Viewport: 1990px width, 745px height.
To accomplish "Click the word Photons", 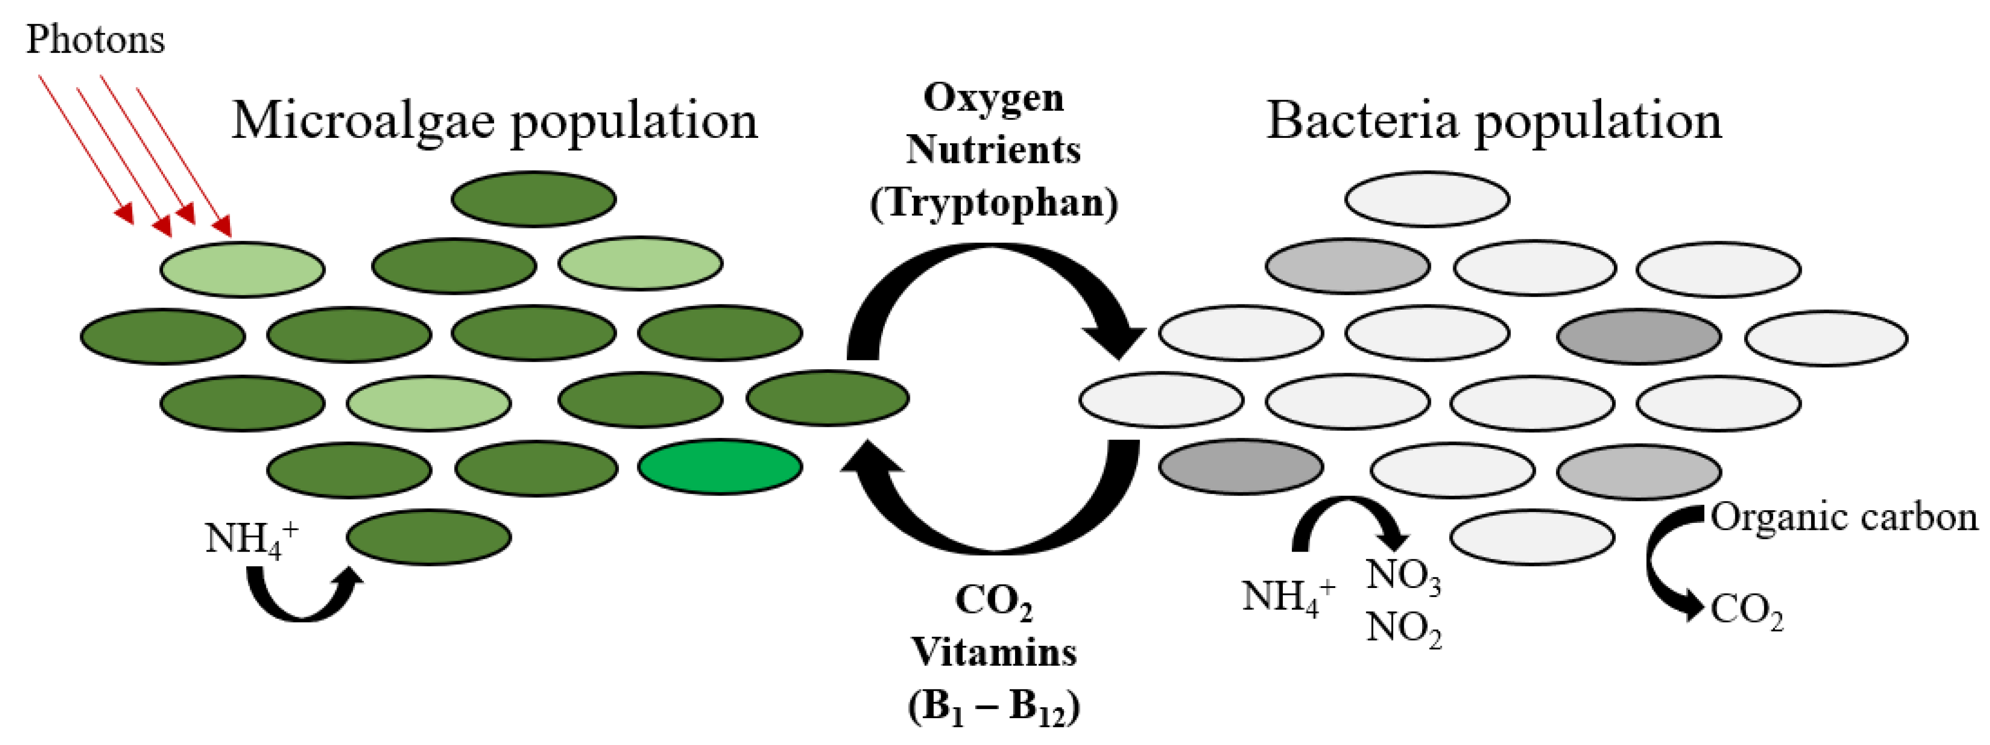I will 95,40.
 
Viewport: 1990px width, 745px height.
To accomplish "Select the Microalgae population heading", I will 495,121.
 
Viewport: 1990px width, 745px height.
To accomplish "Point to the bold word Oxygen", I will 994,98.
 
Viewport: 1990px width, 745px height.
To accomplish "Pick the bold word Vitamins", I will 994,652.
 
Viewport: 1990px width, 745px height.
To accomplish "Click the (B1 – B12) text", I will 994,706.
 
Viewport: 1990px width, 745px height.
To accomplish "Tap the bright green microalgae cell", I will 720,467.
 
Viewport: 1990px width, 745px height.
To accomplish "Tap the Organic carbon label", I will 1844,518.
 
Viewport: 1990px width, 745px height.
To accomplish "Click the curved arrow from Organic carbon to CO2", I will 1661,563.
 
